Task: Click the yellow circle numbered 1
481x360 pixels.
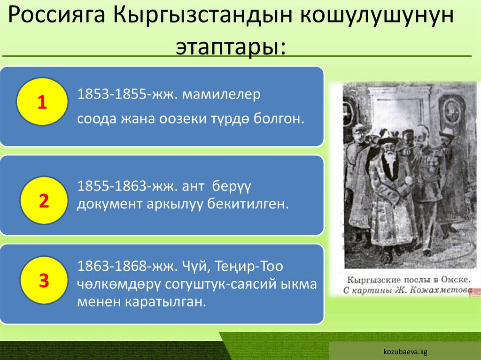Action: coord(42,102)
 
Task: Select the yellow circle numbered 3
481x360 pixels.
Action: coord(44,280)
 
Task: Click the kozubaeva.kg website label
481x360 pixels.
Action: coord(405,351)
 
